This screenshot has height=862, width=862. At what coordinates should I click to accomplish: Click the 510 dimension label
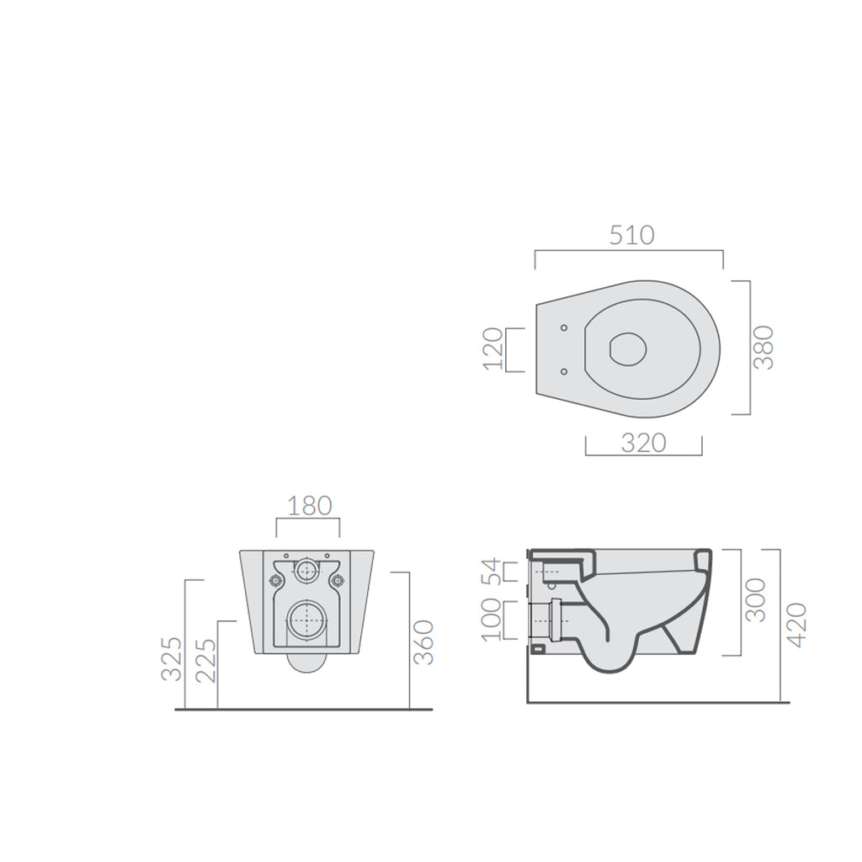click(631, 235)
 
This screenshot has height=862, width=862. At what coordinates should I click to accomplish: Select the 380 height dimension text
click(764, 347)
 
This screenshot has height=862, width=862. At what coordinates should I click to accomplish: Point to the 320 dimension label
click(643, 443)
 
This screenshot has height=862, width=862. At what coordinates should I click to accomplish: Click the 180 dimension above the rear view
click(310, 506)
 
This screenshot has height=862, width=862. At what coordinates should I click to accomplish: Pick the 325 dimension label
click(171, 659)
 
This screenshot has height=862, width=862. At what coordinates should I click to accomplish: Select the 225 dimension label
click(205, 659)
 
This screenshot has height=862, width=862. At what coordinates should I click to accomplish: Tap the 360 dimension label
click(424, 642)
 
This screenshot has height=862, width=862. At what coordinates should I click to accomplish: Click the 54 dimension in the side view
click(492, 572)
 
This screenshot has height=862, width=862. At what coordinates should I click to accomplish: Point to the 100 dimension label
click(492, 620)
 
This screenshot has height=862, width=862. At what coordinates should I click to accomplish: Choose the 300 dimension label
click(756, 599)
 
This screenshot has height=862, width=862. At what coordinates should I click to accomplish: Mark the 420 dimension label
click(795, 624)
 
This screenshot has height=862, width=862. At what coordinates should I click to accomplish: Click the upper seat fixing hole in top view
click(563, 327)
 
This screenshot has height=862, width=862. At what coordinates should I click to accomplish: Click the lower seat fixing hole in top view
click(563, 370)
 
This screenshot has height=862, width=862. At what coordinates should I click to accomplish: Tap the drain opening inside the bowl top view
click(627, 349)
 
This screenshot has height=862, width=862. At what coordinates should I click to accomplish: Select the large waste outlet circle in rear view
click(307, 620)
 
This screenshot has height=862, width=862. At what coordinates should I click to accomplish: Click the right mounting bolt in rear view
click(339, 580)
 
